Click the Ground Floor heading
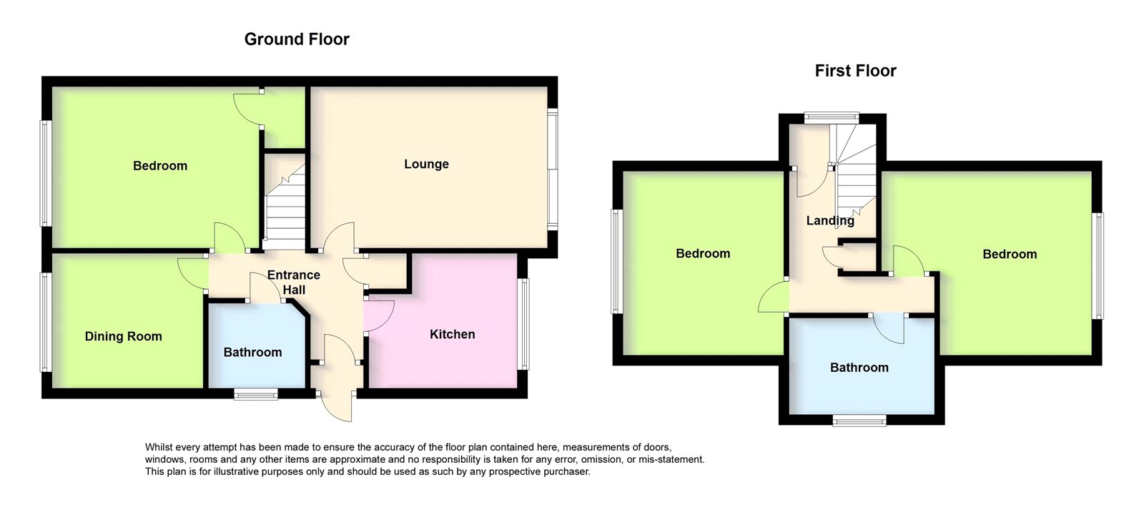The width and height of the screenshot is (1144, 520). (297, 39)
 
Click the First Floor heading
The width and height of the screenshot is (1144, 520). (855, 71)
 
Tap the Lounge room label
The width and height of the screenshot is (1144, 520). (426, 164)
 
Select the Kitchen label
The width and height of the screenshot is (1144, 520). (452, 334)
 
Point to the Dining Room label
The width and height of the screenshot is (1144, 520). (123, 336)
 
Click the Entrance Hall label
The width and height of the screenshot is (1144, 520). (294, 282)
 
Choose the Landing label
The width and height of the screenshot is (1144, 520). (830, 221)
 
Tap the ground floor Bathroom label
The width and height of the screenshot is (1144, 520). (253, 352)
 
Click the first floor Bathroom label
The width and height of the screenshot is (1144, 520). (859, 367)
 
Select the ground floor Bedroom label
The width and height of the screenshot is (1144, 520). (160, 165)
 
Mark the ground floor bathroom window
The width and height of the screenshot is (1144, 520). (256, 394)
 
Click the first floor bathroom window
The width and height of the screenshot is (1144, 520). (859, 421)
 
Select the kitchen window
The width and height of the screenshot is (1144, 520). (524, 324)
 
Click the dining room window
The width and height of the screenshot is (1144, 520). (45, 323)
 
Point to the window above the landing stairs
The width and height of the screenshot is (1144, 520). (832, 117)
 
